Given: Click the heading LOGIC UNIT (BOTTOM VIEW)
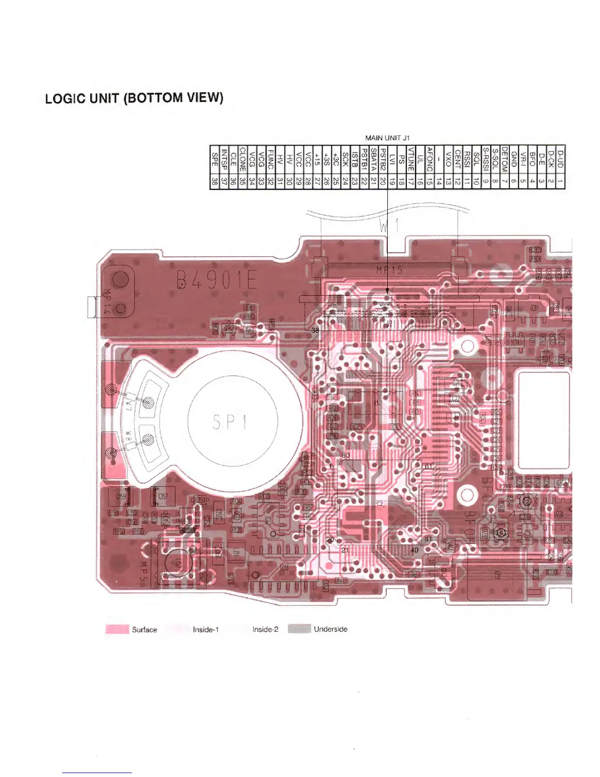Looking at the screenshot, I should point(134,98).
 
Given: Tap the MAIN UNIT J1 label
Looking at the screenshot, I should point(387,138).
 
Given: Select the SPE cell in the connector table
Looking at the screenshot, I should point(214,160).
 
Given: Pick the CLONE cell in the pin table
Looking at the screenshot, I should point(242,160).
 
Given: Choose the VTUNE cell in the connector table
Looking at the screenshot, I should point(411,160).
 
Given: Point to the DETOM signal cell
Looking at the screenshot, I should point(504,160).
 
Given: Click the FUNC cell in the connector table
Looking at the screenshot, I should point(271,160).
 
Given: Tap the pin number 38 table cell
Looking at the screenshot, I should point(214,182).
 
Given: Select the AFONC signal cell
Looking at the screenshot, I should point(430,160).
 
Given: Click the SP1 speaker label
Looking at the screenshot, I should point(230,422).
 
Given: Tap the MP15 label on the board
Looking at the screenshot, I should point(389,269).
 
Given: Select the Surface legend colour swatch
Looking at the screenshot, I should point(117,629).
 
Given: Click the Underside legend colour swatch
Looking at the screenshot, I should point(299,629).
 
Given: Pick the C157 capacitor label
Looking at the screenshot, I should point(162,496).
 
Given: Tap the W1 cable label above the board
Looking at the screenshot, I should point(389,226).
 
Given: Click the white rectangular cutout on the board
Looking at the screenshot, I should point(544,420).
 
